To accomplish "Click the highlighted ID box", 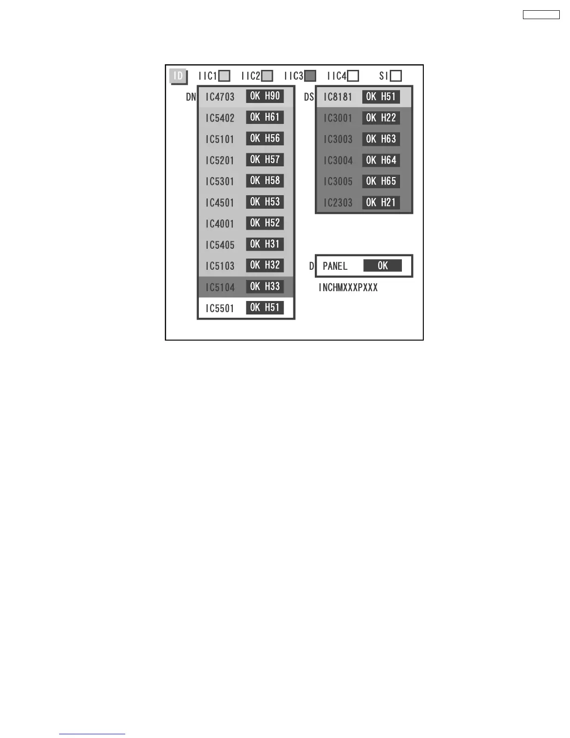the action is coord(178,76).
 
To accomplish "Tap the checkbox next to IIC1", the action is coord(224,76).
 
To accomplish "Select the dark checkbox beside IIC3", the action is coord(310,76).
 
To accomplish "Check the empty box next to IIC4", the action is coord(353,76).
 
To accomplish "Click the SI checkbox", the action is coord(396,76).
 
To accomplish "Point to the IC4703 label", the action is coord(220,97).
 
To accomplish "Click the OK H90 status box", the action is coord(265,96).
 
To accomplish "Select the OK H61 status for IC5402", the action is coord(265,117).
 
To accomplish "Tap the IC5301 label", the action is coord(220,181).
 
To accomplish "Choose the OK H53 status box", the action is coord(265,202).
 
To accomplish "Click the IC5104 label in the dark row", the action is coord(220,287).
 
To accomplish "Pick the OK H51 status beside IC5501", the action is coord(265,307).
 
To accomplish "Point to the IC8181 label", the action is coord(338,97).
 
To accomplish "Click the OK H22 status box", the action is coord(381,118).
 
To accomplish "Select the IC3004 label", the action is coord(338,160).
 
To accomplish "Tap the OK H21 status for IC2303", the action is coord(381,202).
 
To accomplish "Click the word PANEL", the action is coord(335,266).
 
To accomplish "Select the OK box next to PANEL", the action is coord(382,266).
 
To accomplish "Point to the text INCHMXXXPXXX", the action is coord(348,287).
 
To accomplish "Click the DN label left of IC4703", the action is coord(191,97).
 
